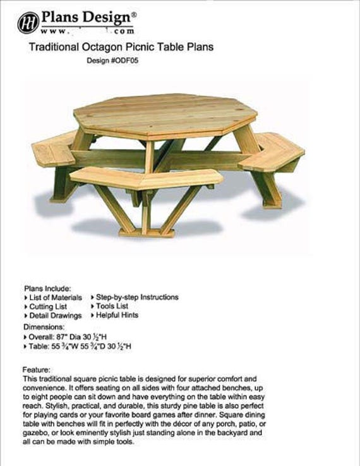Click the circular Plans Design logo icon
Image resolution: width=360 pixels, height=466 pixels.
click(x=28, y=23)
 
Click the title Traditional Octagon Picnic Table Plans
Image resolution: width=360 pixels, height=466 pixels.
click(x=121, y=47)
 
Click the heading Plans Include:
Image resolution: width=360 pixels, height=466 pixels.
click(x=47, y=287)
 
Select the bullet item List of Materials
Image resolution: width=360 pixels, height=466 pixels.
click(x=56, y=297)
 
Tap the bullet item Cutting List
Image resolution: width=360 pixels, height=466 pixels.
click(x=50, y=306)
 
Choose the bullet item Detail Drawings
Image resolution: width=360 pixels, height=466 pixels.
click(x=56, y=316)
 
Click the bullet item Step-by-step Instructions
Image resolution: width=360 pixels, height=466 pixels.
click(x=137, y=297)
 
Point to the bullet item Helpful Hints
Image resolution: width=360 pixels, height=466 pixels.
click(x=117, y=315)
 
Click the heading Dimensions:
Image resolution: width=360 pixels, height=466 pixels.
click(x=44, y=327)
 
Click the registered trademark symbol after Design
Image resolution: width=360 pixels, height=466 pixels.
click(x=133, y=11)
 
